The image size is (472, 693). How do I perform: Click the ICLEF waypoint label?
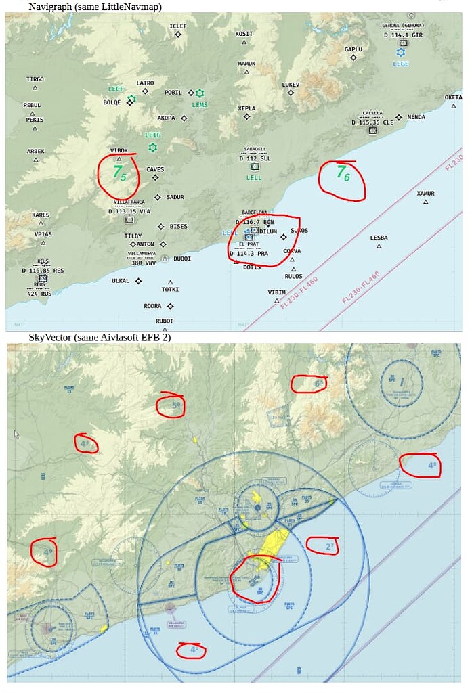[x=177, y=26]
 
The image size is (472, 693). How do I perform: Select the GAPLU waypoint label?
[x=353, y=49]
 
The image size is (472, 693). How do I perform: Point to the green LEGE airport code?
[x=401, y=64]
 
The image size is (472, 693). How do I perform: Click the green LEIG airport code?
[x=153, y=135]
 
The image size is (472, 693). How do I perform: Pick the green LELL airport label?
[x=254, y=178]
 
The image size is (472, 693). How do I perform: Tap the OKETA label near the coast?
[x=453, y=97]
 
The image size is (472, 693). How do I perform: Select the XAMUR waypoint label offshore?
[x=425, y=194]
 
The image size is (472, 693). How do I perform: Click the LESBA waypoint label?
[x=379, y=238]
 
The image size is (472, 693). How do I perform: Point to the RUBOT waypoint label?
[x=165, y=321]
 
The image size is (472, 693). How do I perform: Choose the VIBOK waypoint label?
[x=119, y=150]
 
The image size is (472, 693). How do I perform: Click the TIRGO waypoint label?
[x=35, y=79]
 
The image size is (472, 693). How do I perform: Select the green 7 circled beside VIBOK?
[x=116, y=172]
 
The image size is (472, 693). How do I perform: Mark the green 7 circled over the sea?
[x=341, y=172]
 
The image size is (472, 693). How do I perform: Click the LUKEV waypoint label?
[x=291, y=85]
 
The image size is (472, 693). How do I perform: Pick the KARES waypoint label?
[x=40, y=215]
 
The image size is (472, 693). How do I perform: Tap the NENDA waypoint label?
[x=416, y=117]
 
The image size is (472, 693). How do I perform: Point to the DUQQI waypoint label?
[x=182, y=259]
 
